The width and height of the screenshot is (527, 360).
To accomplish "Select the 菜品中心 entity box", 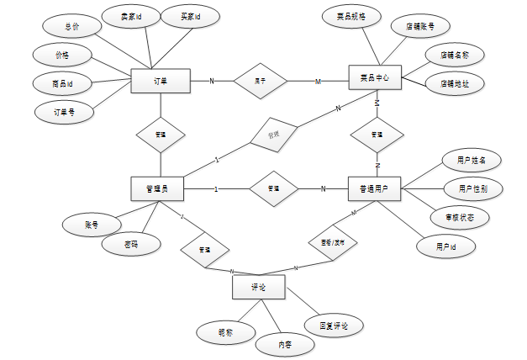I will click(374, 77).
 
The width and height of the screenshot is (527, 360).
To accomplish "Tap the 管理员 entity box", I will click(158, 188).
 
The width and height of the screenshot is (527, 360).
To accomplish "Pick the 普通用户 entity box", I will click(374, 188).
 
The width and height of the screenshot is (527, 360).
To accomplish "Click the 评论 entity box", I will click(258, 288).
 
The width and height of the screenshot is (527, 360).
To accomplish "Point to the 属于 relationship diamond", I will click(261, 81).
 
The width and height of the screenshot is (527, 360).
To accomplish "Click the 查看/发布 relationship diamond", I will click(328, 241).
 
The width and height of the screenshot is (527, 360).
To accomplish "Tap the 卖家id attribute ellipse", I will click(128, 16).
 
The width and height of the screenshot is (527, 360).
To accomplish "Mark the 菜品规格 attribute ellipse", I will click(351, 16).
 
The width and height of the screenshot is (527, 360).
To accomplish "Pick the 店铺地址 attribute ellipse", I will click(454, 83).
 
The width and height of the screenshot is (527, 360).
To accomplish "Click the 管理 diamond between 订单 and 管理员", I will click(161, 135).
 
